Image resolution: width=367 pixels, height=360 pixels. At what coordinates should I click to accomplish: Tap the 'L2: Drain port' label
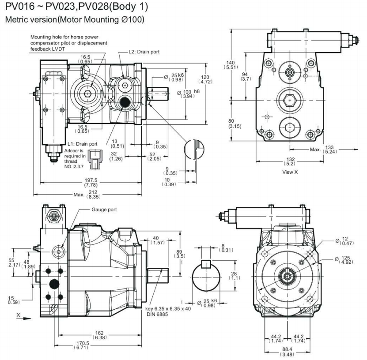coord(144,52)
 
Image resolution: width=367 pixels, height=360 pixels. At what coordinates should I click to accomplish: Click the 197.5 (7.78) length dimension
coord(90,176)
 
